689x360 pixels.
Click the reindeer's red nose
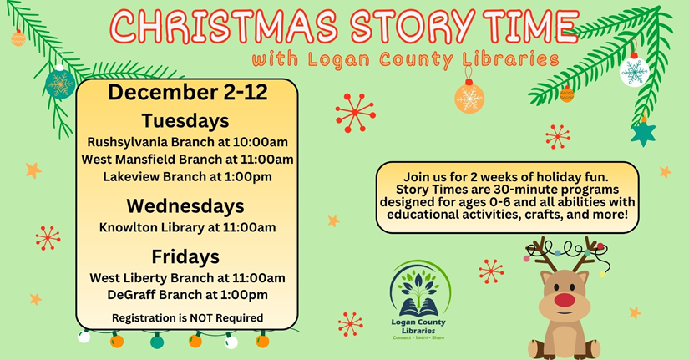point(565,300)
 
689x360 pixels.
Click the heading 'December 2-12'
point(188,93)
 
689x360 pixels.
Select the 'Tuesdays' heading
point(185,120)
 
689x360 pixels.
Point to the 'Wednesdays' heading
point(185,205)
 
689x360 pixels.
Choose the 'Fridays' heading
point(185,256)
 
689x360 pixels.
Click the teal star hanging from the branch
point(643,133)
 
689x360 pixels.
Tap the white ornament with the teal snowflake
point(634,71)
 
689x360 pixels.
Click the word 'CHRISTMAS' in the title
point(225,26)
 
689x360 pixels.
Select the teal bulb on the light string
point(157,341)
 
